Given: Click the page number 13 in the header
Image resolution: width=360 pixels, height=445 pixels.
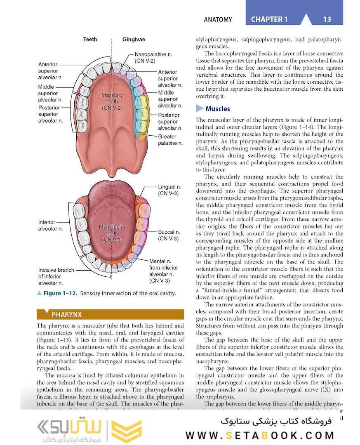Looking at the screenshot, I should [327, 19].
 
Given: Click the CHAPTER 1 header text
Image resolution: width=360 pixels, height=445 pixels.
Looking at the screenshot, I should [269, 19].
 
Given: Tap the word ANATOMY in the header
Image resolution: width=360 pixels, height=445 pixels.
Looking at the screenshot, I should [218, 19].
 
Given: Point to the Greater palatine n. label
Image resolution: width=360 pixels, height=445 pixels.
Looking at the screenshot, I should [170, 140].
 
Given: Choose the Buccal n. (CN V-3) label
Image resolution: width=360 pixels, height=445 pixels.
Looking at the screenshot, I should [168, 235].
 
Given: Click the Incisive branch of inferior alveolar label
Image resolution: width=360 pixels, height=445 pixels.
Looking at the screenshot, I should [56, 276].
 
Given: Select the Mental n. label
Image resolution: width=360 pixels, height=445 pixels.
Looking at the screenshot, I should [164, 271].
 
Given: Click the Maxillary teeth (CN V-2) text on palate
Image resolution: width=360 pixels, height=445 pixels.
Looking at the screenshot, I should [112, 101].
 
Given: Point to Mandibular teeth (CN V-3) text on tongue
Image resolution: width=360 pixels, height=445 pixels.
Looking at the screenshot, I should [112, 233].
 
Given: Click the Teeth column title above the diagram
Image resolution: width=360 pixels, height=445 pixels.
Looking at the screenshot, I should [90, 40].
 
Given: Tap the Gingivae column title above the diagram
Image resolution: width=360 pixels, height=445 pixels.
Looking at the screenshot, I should [134, 40].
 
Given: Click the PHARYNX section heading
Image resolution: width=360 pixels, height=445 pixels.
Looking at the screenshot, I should [66, 315].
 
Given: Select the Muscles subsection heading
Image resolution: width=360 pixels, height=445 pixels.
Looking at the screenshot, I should [217, 109].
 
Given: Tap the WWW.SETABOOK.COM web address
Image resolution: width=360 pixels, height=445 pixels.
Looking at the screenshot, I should [259, 435].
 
